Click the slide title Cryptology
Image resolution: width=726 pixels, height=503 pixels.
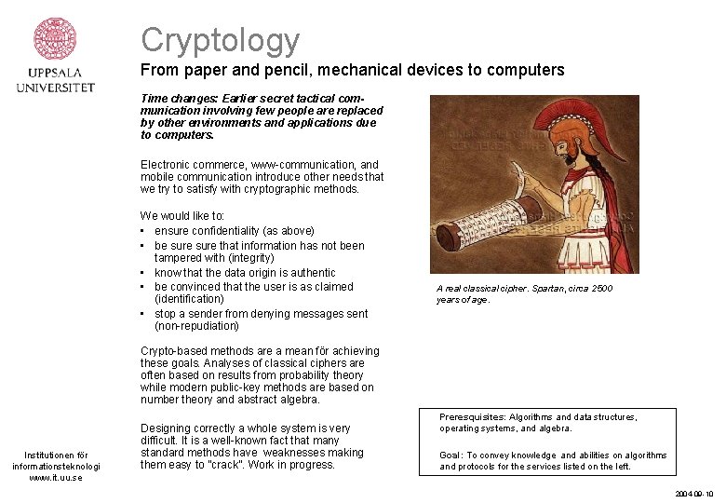point(221,40)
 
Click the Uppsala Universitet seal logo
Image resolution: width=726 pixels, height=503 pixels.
point(55,40)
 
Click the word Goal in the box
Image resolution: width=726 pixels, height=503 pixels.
point(450,455)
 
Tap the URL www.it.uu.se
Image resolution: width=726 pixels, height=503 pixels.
point(56,478)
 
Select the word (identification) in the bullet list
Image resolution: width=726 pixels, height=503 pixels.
point(189,299)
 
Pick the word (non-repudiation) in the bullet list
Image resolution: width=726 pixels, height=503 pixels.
point(196,326)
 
